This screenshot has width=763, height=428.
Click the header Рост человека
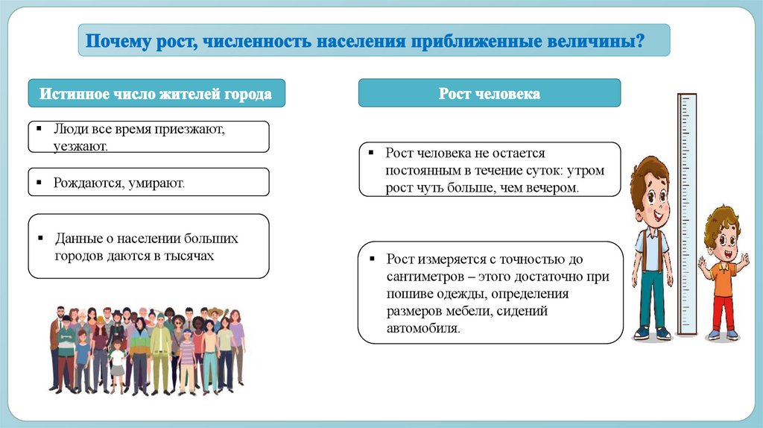(489, 94)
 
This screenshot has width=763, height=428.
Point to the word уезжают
(80, 145)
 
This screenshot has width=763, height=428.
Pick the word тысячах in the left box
(188, 255)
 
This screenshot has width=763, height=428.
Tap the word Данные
(75, 239)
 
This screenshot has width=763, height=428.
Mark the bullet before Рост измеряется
(372, 259)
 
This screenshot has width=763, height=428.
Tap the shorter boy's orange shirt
(723, 277)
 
